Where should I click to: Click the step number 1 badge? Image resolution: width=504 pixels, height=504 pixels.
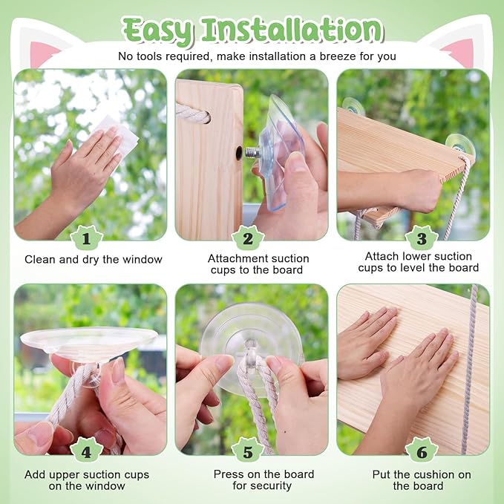pos(86,238)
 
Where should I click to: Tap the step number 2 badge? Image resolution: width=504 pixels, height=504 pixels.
pos(247,238)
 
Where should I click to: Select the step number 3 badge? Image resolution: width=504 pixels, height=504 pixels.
pos(422,238)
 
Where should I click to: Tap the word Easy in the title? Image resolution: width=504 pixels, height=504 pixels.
pos(158,31)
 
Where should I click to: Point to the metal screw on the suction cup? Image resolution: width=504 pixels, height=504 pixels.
pos(252,152)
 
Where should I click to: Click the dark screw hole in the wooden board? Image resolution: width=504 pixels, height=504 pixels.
pos(239,153)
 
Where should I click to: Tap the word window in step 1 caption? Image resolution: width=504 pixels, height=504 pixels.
pos(143,259)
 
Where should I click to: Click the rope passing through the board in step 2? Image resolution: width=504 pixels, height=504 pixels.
pos(192,114)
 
